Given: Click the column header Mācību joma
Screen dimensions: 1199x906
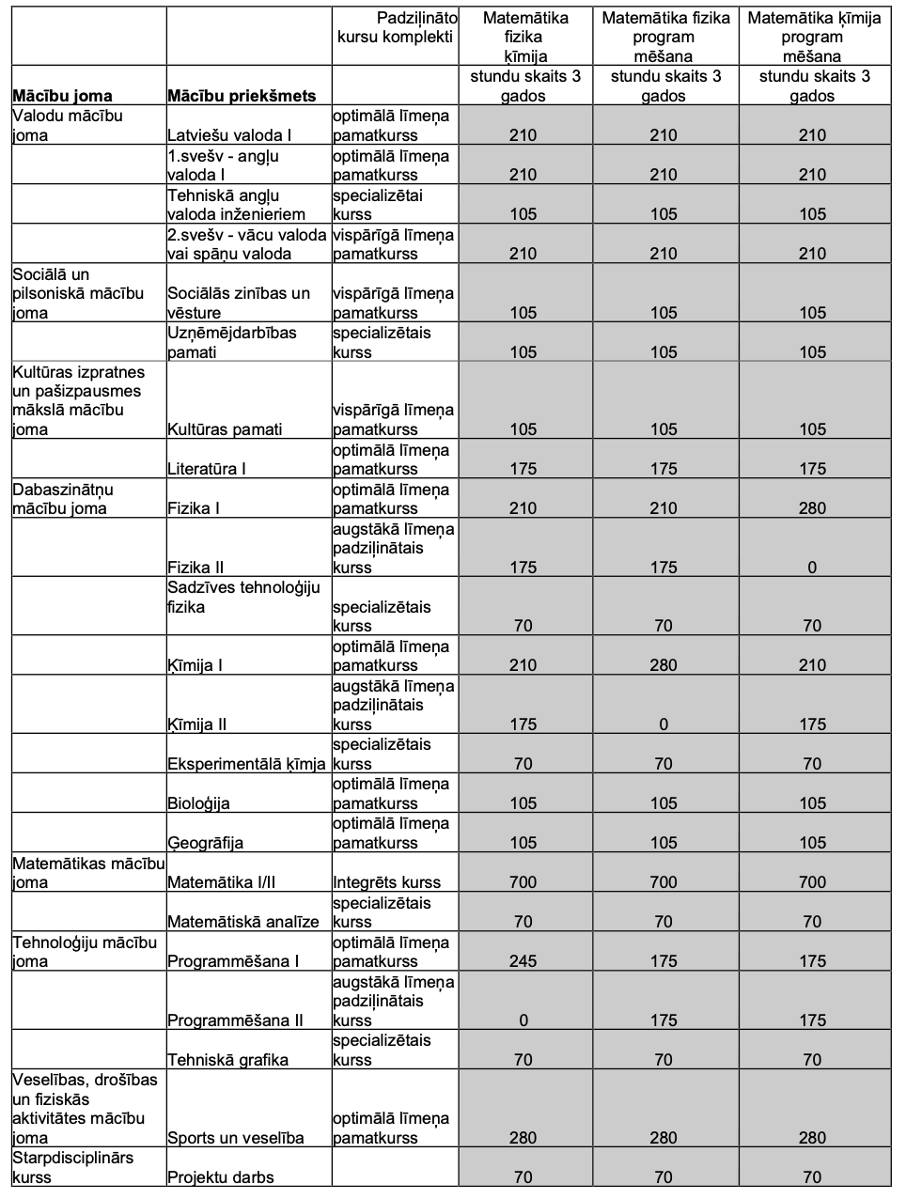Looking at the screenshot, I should pos(62,95).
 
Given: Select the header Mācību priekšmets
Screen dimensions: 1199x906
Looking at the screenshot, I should pos(242,95).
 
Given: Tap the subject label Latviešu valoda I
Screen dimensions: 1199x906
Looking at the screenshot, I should pos(229,135).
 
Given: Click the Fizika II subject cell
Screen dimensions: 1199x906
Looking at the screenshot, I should pos(195,567).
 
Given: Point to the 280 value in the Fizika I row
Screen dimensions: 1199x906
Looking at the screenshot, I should pos(812,508).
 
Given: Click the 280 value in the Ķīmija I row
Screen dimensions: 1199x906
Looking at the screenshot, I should pos(664,665).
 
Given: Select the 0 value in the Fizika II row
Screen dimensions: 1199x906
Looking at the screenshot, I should pos(812,567).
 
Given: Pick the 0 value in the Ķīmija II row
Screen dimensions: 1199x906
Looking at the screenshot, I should pos(664,724).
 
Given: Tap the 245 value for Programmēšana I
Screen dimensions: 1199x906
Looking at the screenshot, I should pos(523,961).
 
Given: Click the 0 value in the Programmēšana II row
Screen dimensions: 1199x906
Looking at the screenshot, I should pos(523,1020).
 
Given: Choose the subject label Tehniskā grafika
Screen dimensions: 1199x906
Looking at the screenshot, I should pos(227,1060).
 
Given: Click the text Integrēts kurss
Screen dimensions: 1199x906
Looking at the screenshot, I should pos(387,882).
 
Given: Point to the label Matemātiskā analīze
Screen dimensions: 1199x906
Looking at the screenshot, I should pos(243,922).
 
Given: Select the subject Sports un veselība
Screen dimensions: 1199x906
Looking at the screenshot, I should pos(236,1138).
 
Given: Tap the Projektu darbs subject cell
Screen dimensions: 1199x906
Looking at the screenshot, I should pos(221,1177).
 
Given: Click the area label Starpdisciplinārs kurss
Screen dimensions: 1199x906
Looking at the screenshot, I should pos(73,1167).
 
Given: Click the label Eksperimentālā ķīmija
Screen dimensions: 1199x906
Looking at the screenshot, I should pos(247,764).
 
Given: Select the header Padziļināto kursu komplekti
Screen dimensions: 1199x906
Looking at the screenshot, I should pos(396,27).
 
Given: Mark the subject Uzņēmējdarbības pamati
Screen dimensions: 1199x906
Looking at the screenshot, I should pos(232,342).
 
